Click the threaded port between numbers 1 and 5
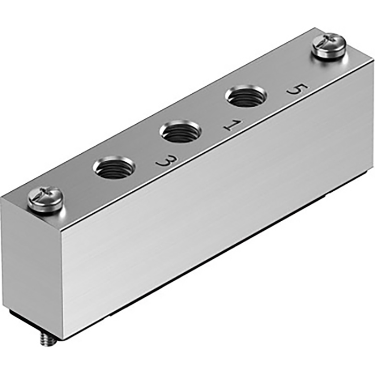click(x=245, y=97)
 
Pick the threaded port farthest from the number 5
click(x=114, y=168)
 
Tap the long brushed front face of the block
click(x=214, y=214)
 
